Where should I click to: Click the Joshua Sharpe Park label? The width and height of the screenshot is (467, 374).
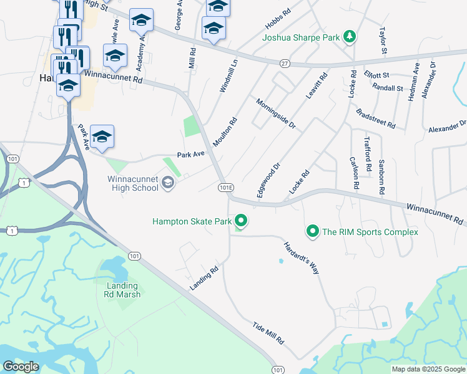point(301,37)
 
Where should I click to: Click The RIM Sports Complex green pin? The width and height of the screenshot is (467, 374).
point(313,232)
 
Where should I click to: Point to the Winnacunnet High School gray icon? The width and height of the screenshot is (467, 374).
point(167,183)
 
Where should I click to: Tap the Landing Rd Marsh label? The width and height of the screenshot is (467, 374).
point(122,290)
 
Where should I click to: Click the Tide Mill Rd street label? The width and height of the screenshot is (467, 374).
point(268,334)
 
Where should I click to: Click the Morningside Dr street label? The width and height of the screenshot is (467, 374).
point(275,113)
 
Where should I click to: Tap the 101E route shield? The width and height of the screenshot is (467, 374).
point(226,187)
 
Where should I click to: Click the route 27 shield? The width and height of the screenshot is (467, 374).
point(285,63)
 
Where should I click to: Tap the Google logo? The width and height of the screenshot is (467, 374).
point(21,367)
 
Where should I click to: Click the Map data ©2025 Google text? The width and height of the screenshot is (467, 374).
point(429,369)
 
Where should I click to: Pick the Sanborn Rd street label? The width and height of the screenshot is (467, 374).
point(381,174)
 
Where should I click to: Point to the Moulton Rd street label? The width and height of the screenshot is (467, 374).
point(225,132)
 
